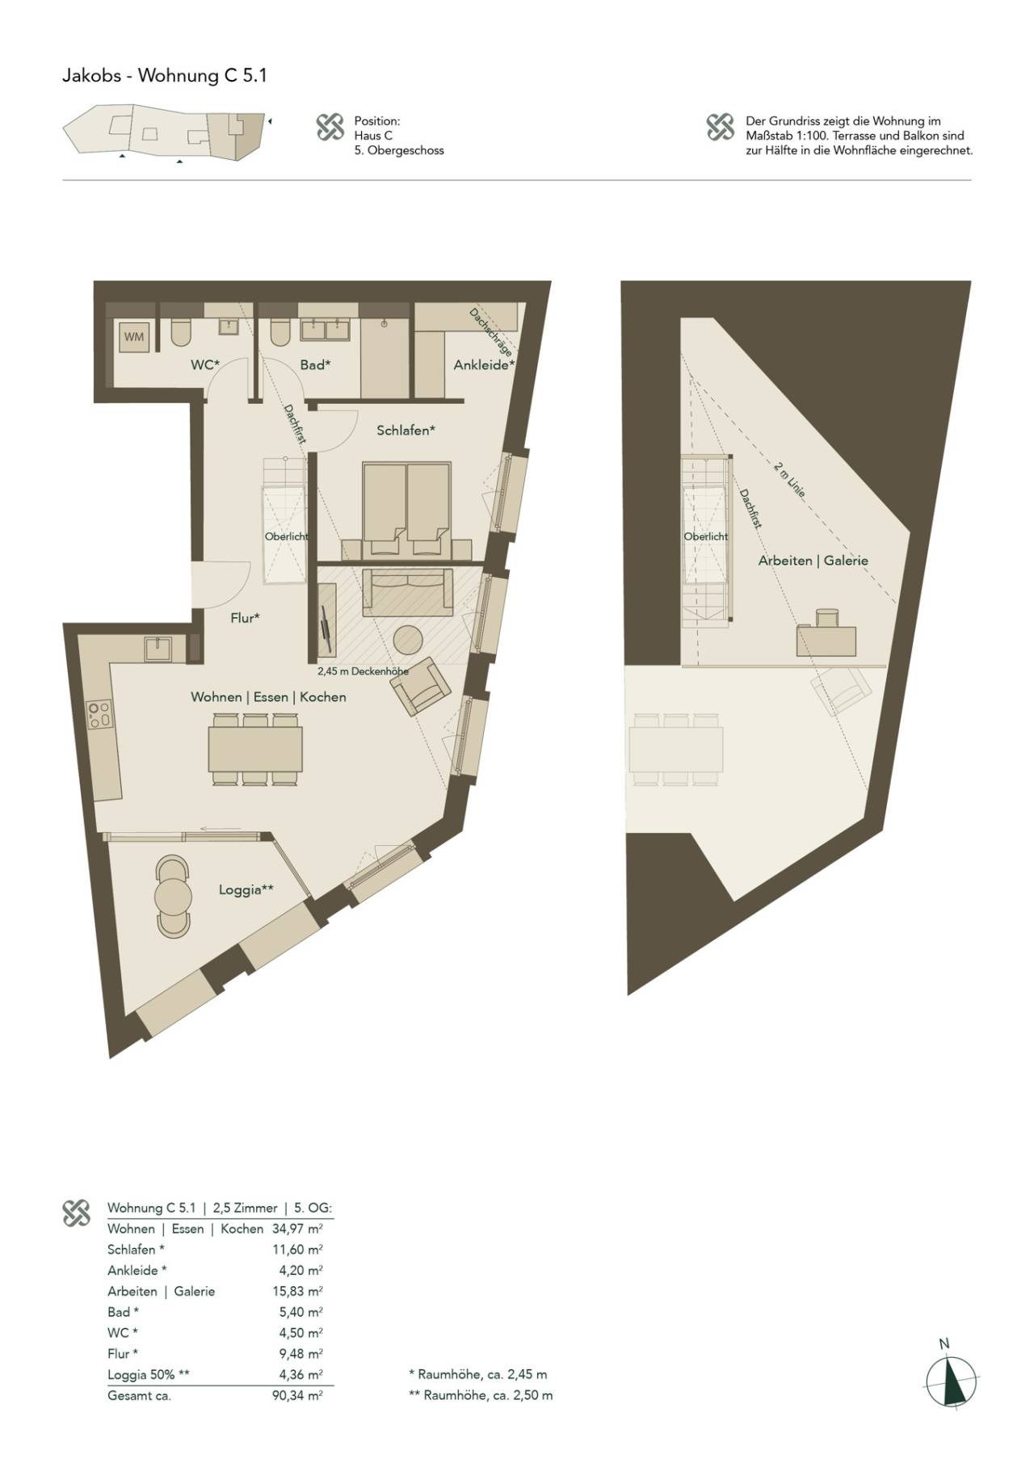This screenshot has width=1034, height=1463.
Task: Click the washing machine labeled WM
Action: [134, 337]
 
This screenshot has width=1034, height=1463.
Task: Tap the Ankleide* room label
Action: [484, 365]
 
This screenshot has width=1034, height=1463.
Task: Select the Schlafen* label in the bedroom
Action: [406, 431]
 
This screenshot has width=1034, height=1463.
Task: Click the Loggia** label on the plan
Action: [246, 889]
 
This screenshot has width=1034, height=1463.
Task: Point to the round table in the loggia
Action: [173, 896]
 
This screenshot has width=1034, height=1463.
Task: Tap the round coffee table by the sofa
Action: [409, 640]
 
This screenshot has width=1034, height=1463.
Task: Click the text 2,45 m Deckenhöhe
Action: [363, 671]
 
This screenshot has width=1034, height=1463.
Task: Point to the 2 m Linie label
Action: [789, 479]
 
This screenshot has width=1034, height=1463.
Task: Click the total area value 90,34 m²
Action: [297, 1395]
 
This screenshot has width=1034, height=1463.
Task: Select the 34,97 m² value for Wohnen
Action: [297, 1229]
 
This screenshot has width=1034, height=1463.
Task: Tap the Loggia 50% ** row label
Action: [149, 1374]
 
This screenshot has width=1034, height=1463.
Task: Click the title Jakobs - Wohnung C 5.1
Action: [165, 76]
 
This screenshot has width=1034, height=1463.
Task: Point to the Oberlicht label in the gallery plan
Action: [706, 536]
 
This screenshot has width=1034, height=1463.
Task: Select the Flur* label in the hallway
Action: [245, 618]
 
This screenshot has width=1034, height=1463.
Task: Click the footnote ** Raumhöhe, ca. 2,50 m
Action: [481, 1395]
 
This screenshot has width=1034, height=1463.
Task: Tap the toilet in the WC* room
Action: [180, 332]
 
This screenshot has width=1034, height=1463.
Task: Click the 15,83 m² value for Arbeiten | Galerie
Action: [297, 1291]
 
